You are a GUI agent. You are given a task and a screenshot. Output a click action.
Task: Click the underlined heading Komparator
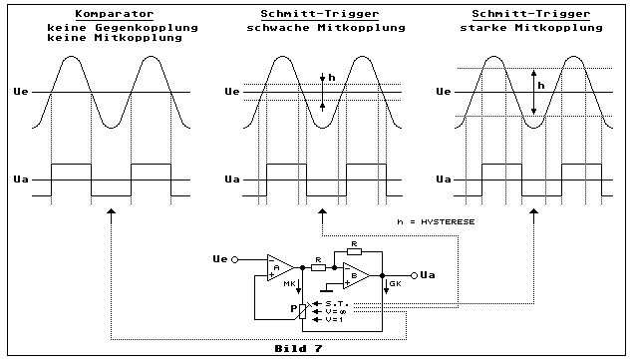point(115,14)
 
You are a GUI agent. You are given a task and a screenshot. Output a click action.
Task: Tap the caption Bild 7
point(298,348)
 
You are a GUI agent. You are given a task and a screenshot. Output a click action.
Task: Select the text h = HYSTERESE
point(436,221)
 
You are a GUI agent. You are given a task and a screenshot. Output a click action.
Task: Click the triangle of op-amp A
point(281,267)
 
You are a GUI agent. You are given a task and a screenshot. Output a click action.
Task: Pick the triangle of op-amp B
point(356,276)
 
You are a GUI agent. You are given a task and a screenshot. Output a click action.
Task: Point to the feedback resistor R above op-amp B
point(354,251)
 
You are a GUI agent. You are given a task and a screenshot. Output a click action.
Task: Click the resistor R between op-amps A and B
point(318,267)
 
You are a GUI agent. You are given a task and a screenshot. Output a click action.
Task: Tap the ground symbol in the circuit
point(327,288)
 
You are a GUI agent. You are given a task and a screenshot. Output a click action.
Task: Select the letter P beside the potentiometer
point(294,309)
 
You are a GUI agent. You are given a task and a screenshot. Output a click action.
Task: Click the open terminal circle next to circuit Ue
point(235,259)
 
